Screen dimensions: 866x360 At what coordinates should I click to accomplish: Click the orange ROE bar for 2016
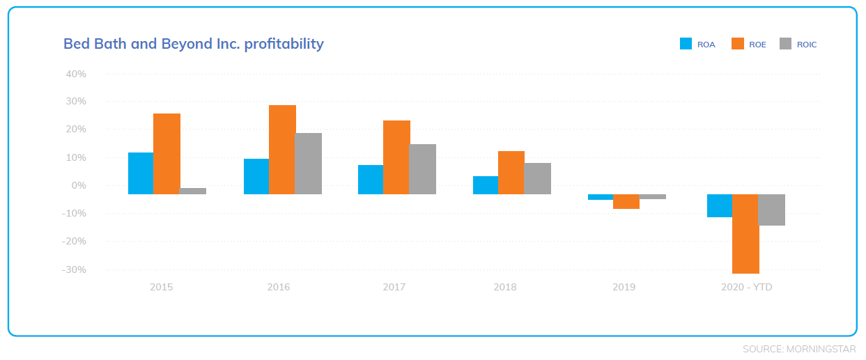pyautogui.click(x=282, y=150)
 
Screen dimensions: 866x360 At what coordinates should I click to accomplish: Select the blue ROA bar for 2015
pyautogui.click(x=141, y=173)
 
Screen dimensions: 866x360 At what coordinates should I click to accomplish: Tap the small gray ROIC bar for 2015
pyautogui.click(x=193, y=191)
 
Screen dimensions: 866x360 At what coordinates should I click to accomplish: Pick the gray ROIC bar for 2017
pyautogui.click(x=423, y=169)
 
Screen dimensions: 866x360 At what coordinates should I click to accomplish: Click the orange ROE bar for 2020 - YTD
pyautogui.click(x=745, y=234)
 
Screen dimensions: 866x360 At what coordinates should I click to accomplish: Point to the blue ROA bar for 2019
pyautogui.click(x=601, y=197)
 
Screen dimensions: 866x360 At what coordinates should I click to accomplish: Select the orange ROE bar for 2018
pyautogui.click(x=511, y=173)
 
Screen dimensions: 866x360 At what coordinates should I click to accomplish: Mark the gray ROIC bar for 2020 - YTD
pyautogui.click(x=772, y=210)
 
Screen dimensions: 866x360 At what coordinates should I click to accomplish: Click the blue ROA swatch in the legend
pyautogui.click(x=686, y=44)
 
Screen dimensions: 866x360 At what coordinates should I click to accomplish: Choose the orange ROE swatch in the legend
pyautogui.click(x=738, y=44)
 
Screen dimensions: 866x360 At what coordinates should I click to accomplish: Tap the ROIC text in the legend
pyautogui.click(x=807, y=45)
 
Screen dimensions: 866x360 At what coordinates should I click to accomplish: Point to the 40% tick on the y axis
pyautogui.click(x=76, y=74)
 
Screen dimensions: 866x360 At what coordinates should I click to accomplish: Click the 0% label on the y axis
pyautogui.click(x=79, y=185)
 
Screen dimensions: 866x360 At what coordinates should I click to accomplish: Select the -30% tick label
pyautogui.click(x=75, y=269)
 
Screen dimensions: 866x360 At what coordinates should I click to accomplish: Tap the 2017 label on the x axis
pyautogui.click(x=394, y=287)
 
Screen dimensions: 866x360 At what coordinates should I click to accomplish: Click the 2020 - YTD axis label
pyautogui.click(x=747, y=287)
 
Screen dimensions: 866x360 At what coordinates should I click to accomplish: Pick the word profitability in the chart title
pyautogui.click(x=284, y=44)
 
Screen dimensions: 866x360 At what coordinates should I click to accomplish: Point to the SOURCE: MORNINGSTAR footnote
pyautogui.click(x=799, y=349)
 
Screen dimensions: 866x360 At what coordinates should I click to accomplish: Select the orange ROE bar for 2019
pyautogui.click(x=626, y=202)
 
